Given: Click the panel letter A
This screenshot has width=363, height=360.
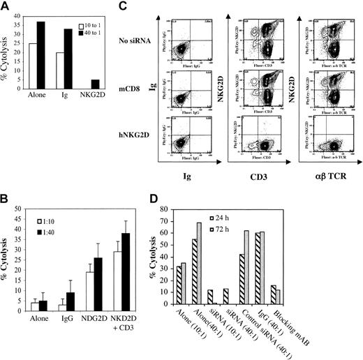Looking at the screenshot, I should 6,6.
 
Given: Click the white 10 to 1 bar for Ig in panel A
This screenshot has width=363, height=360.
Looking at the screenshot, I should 80,69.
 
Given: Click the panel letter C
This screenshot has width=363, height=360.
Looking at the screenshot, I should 161,6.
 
